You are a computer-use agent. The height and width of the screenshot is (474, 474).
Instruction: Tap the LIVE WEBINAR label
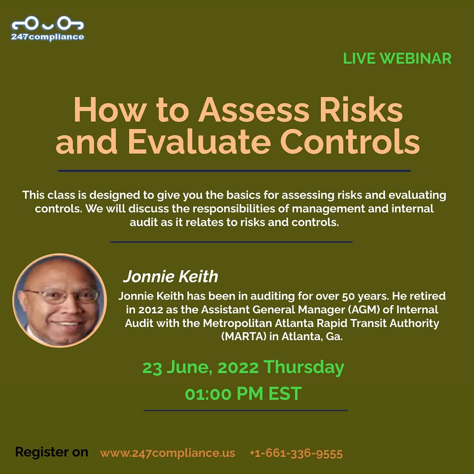[x=397, y=59]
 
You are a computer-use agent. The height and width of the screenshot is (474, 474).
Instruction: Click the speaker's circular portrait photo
[x=60, y=300]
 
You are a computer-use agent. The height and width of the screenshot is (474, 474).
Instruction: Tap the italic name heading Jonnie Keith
[x=171, y=277]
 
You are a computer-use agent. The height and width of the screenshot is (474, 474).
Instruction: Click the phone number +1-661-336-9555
[x=296, y=454]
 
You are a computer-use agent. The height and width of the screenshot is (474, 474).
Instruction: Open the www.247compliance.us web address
[x=167, y=453]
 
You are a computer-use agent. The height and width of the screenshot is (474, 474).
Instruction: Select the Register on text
[x=52, y=452]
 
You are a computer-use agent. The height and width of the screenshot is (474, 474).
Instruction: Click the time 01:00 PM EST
[x=243, y=393]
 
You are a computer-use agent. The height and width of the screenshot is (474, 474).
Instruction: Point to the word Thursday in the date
[x=304, y=368]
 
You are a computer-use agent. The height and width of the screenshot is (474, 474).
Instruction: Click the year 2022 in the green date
[x=238, y=368]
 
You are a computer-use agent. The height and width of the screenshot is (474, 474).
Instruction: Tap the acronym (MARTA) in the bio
[x=244, y=337]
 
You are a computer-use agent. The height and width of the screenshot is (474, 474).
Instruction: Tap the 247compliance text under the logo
[x=47, y=37]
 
